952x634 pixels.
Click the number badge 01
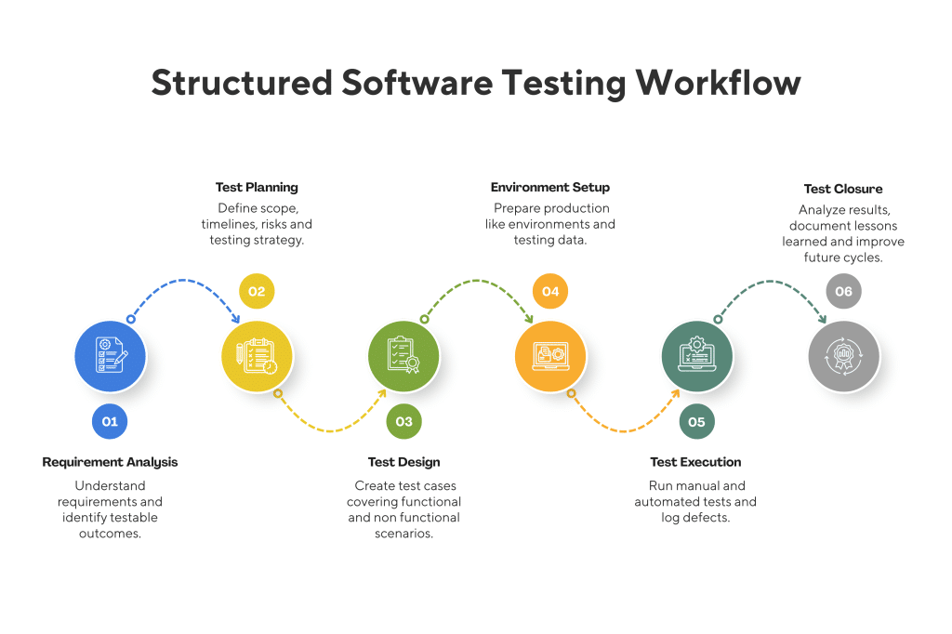[x=110, y=422]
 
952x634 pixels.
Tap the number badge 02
[x=257, y=292]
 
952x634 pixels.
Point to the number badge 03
[x=403, y=422]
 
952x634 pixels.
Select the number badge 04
[x=550, y=292]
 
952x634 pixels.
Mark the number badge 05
[x=697, y=422]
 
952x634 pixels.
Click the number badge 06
[x=844, y=292]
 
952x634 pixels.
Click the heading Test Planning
[x=257, y=188]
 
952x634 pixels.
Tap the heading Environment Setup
[x=550, y=188]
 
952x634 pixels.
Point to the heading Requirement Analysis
[x=110, y=462]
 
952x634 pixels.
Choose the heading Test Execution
[x=695, y=462]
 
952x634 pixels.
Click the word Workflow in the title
[x=718, y=84]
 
